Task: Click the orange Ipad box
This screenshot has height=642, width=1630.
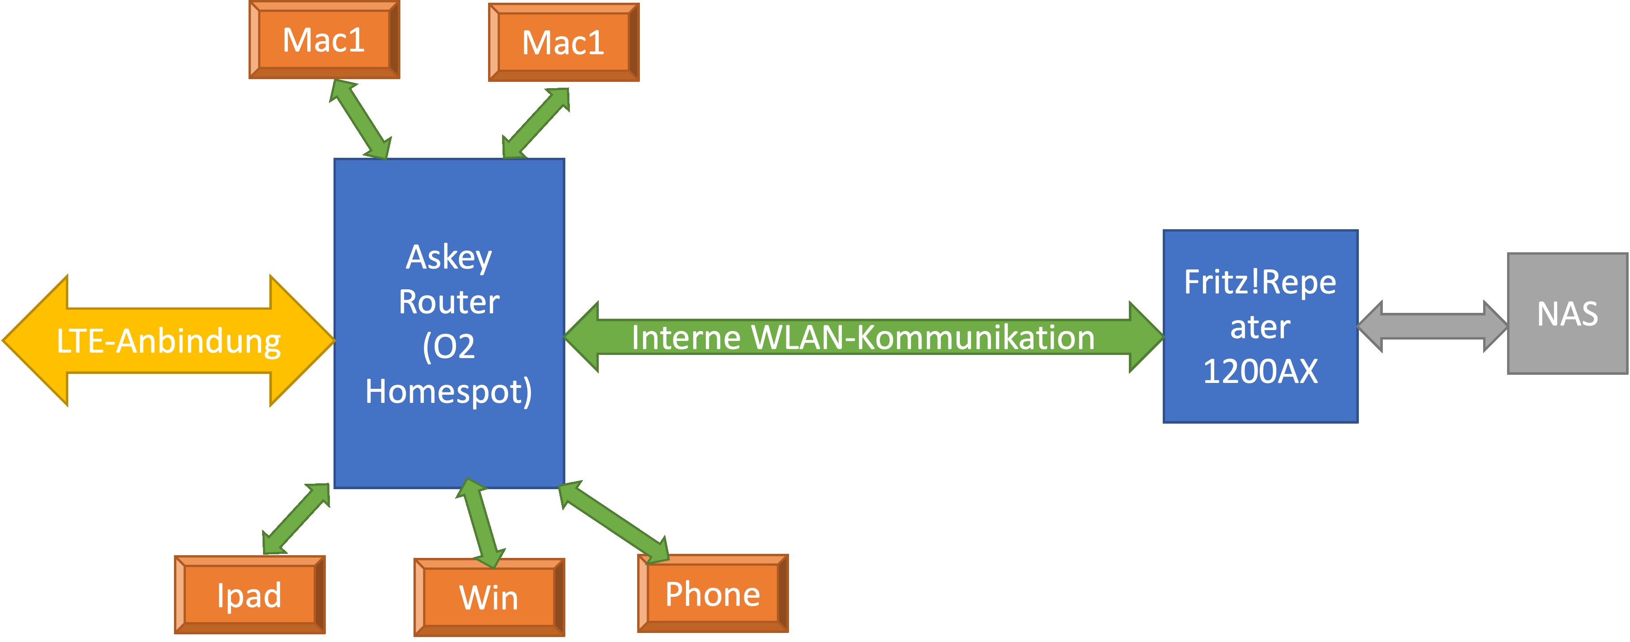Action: coord(250,595)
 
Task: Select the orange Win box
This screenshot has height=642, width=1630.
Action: coord(489,597)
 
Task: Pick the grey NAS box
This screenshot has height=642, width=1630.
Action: coord(1567,313)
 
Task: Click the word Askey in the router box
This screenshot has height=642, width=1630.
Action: coord(449,257)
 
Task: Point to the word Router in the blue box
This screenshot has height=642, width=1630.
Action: coord(449,302)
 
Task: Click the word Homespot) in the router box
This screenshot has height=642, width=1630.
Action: coord(449,391)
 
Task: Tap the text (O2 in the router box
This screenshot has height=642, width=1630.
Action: coord(449,346)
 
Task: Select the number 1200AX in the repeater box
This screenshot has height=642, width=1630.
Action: coord(1260,371)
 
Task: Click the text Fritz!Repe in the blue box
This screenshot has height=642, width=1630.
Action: coord(1260,283)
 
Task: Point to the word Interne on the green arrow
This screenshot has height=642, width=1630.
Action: coord(686,337)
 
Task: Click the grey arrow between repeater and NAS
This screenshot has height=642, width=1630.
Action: coord(1433,326)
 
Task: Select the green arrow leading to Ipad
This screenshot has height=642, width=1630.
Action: coord(296,519)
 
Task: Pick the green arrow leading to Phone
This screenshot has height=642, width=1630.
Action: coord(614,522)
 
